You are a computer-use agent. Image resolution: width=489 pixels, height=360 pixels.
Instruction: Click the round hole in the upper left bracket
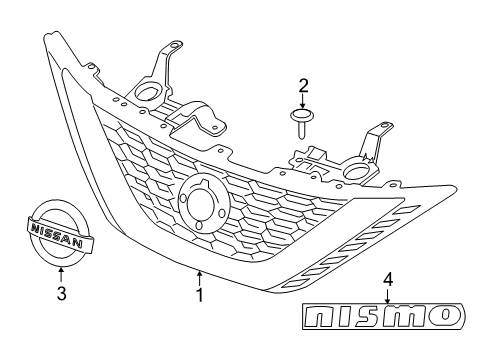point(147,96)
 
